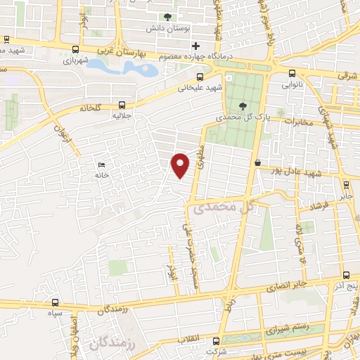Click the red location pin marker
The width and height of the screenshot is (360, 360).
pyautogui.click(x=181, y=164)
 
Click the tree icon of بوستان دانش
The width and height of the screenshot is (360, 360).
pyautogui.click(x=167, y=18)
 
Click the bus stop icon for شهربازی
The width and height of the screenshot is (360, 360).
pyautogui.click(x=75, y=49)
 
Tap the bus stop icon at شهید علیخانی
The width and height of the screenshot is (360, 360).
pyautogui.click(x=200, y=77)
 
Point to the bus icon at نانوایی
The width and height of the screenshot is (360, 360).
pyautogui.click(x=292, y=72)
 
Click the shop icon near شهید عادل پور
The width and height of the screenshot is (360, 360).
pyautogui.click(x=258, y=163)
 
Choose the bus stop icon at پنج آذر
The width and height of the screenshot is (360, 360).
pyautogui.click(x=345, y=276)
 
